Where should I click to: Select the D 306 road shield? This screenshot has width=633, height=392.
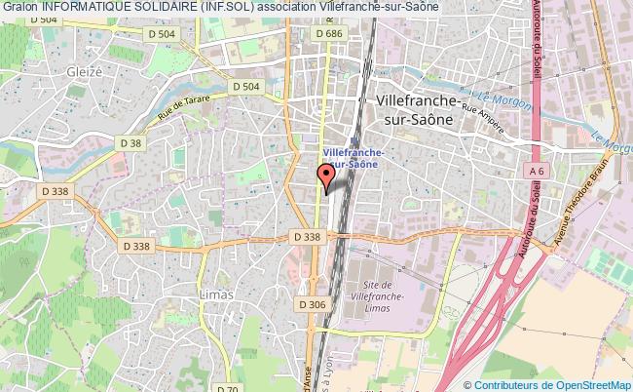(313, 304)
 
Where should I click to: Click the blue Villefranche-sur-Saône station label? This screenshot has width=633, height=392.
(354, 159)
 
